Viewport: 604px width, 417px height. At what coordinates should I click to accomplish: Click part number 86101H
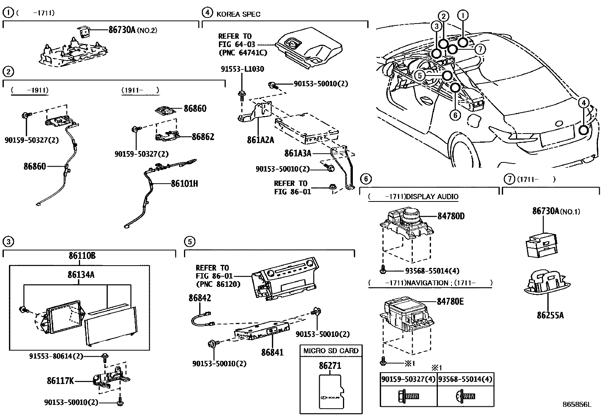184,184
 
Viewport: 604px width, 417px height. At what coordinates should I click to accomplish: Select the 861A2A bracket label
260,140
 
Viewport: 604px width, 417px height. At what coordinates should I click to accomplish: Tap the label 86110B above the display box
82,256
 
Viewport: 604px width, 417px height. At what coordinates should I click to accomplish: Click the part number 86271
330,366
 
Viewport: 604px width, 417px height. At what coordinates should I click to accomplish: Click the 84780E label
450,301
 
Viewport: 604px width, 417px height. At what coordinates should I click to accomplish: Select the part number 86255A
550,315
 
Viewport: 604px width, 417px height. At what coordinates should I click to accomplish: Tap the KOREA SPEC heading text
238,14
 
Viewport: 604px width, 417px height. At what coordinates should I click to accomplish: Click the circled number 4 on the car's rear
584,102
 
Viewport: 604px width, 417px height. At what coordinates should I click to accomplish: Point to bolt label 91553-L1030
242,69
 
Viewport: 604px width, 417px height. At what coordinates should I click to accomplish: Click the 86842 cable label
200,298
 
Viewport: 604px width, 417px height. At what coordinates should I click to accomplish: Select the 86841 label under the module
272,352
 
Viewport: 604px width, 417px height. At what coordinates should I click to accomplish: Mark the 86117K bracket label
60,380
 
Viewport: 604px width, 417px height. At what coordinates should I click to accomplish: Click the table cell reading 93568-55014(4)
465,379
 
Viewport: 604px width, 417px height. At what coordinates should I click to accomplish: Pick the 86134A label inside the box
81,274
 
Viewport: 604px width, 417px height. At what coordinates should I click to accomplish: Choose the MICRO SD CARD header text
330,351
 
